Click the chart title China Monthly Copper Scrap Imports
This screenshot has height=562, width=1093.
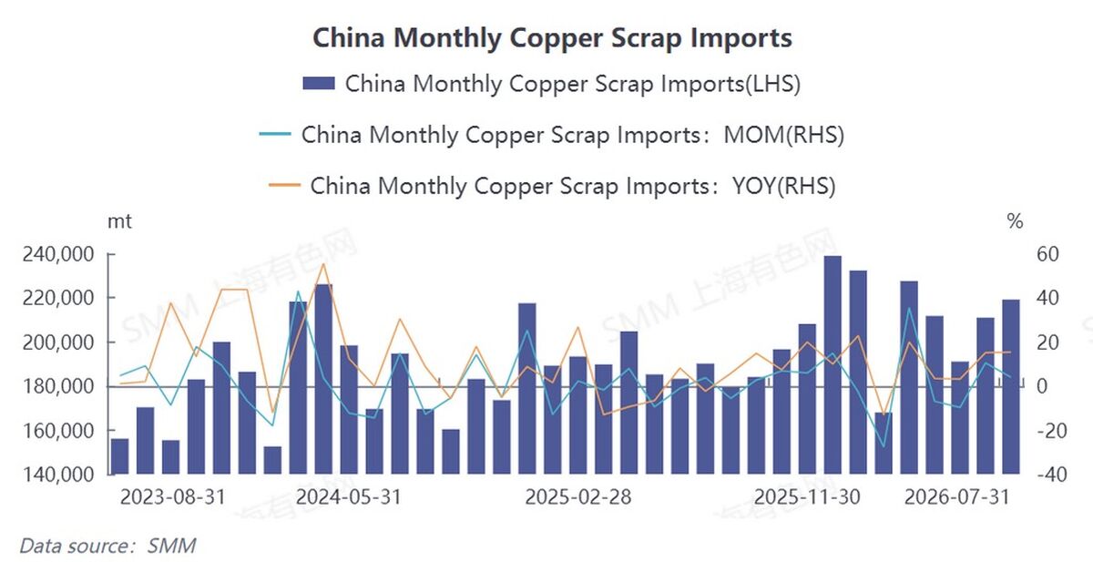(552, 38)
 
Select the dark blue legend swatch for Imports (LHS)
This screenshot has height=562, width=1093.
(319, 84)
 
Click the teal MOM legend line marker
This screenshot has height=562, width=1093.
(275, 134)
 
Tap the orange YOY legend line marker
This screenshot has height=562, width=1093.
(284, 185)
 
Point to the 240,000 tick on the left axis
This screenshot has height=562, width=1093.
(58, 254)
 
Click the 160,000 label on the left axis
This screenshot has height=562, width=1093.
(58, 431)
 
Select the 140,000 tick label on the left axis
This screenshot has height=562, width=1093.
(58, 475)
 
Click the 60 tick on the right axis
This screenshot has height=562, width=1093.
(1047, 254)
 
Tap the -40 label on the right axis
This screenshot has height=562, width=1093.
(1052, 475)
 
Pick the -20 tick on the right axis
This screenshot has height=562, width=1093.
(1052, 431)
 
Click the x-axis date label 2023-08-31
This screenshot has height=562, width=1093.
(173, 497)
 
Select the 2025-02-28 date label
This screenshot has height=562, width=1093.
(578, 497)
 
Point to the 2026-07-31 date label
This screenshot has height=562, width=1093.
(957, 497)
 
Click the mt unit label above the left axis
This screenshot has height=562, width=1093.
(119, 221)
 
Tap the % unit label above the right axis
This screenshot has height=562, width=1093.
(1015, 221)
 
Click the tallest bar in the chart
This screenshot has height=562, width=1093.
(833, 365)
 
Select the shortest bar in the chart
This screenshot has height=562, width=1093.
(272, 460)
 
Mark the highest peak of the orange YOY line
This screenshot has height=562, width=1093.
(323, 264)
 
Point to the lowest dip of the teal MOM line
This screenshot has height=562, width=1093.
(884, 446)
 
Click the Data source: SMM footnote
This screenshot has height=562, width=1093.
(107, 546)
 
